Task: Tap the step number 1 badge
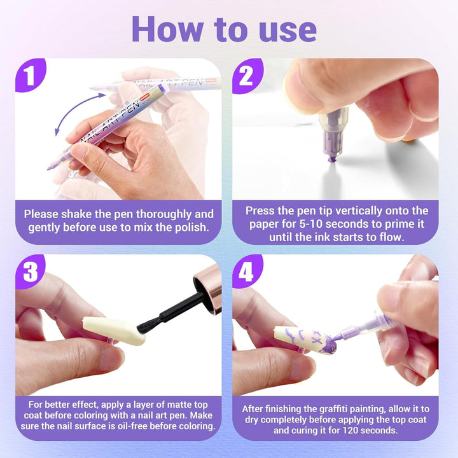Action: pyautogui.click(x=30, y=75)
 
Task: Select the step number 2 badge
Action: pyautogui.click(x=247, y=75)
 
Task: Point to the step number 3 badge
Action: pyautogui.click(x=30, y=272)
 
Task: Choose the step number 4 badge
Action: pyautogui.click(x=247, y=272)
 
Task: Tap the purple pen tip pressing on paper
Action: pyautogui.click(x=331, y=158)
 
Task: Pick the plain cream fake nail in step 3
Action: pyautogui.click(x=114, y=331)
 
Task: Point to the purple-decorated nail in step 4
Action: pyautogui.click(x=305, y=340)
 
